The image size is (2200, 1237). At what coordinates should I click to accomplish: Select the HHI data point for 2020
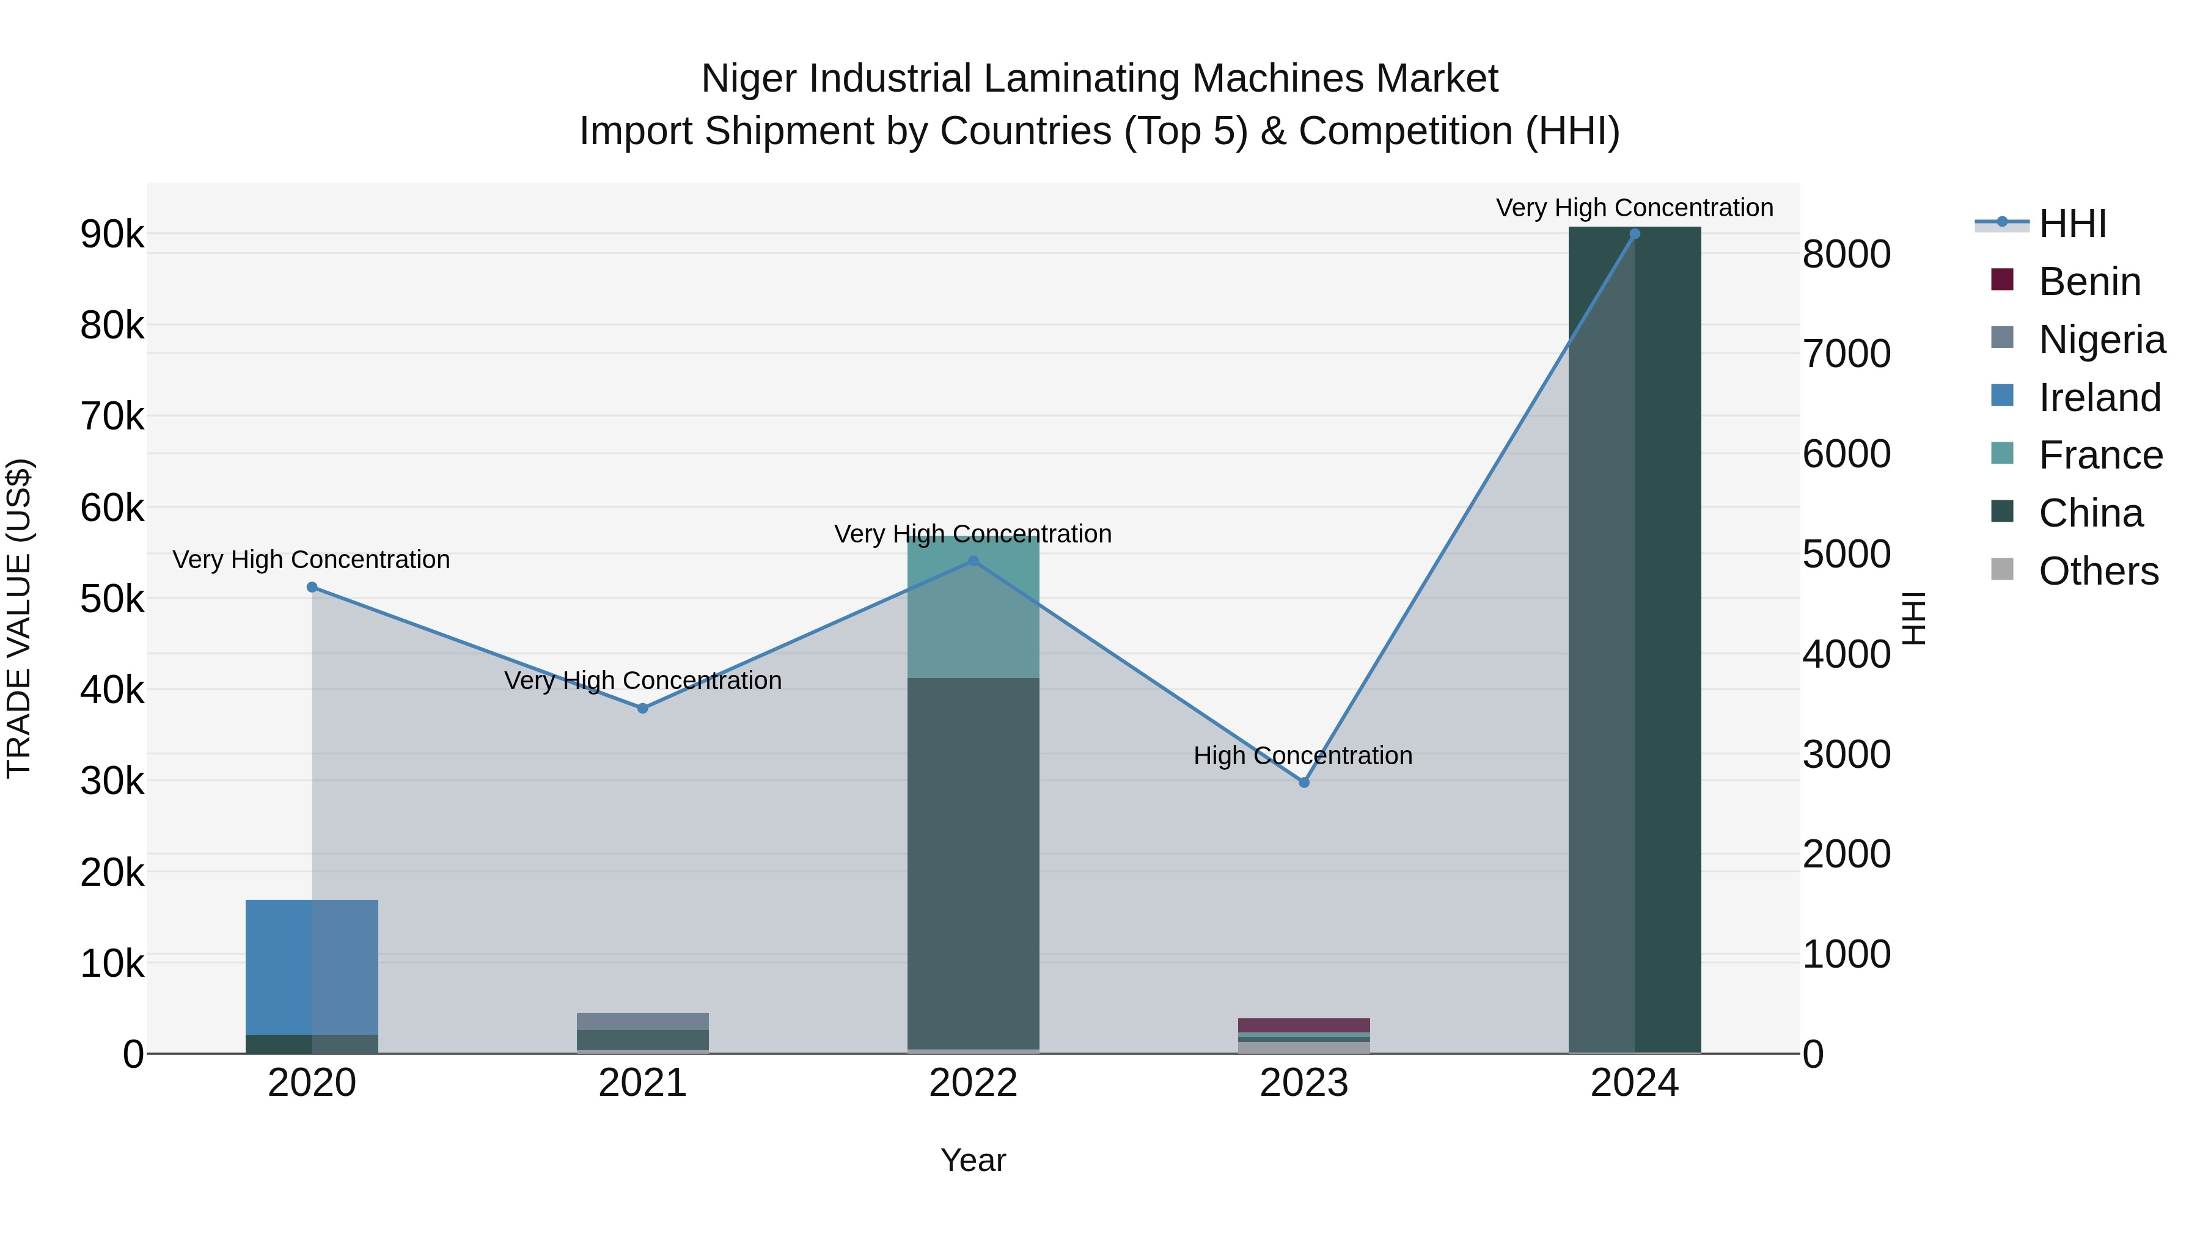(312, 587)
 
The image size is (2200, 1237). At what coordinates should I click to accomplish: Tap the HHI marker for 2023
(1304, 782)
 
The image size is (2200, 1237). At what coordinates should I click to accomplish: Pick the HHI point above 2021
(643, 708)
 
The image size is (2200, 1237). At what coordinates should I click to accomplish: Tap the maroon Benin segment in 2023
(1304, 1025)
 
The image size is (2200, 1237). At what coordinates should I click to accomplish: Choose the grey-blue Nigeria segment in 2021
(643, 1021)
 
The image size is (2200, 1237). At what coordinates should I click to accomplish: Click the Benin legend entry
(2089, 282)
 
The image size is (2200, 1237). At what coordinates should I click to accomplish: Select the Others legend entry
(2097, 571)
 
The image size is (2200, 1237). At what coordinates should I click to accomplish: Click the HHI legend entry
(2072, 224)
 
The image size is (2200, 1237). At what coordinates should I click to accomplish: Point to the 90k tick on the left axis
(112, 234)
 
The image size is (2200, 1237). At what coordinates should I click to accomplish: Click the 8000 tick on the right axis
(1846, 254)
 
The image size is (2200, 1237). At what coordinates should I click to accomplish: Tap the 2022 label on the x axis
(974, 1083)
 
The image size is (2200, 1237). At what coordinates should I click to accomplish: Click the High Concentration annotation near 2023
(1303, 756)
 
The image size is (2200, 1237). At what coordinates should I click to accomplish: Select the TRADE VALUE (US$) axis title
(19, 618)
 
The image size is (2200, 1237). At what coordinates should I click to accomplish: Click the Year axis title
(974, 1160)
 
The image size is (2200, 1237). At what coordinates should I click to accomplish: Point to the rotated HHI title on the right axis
(1914, 618)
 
